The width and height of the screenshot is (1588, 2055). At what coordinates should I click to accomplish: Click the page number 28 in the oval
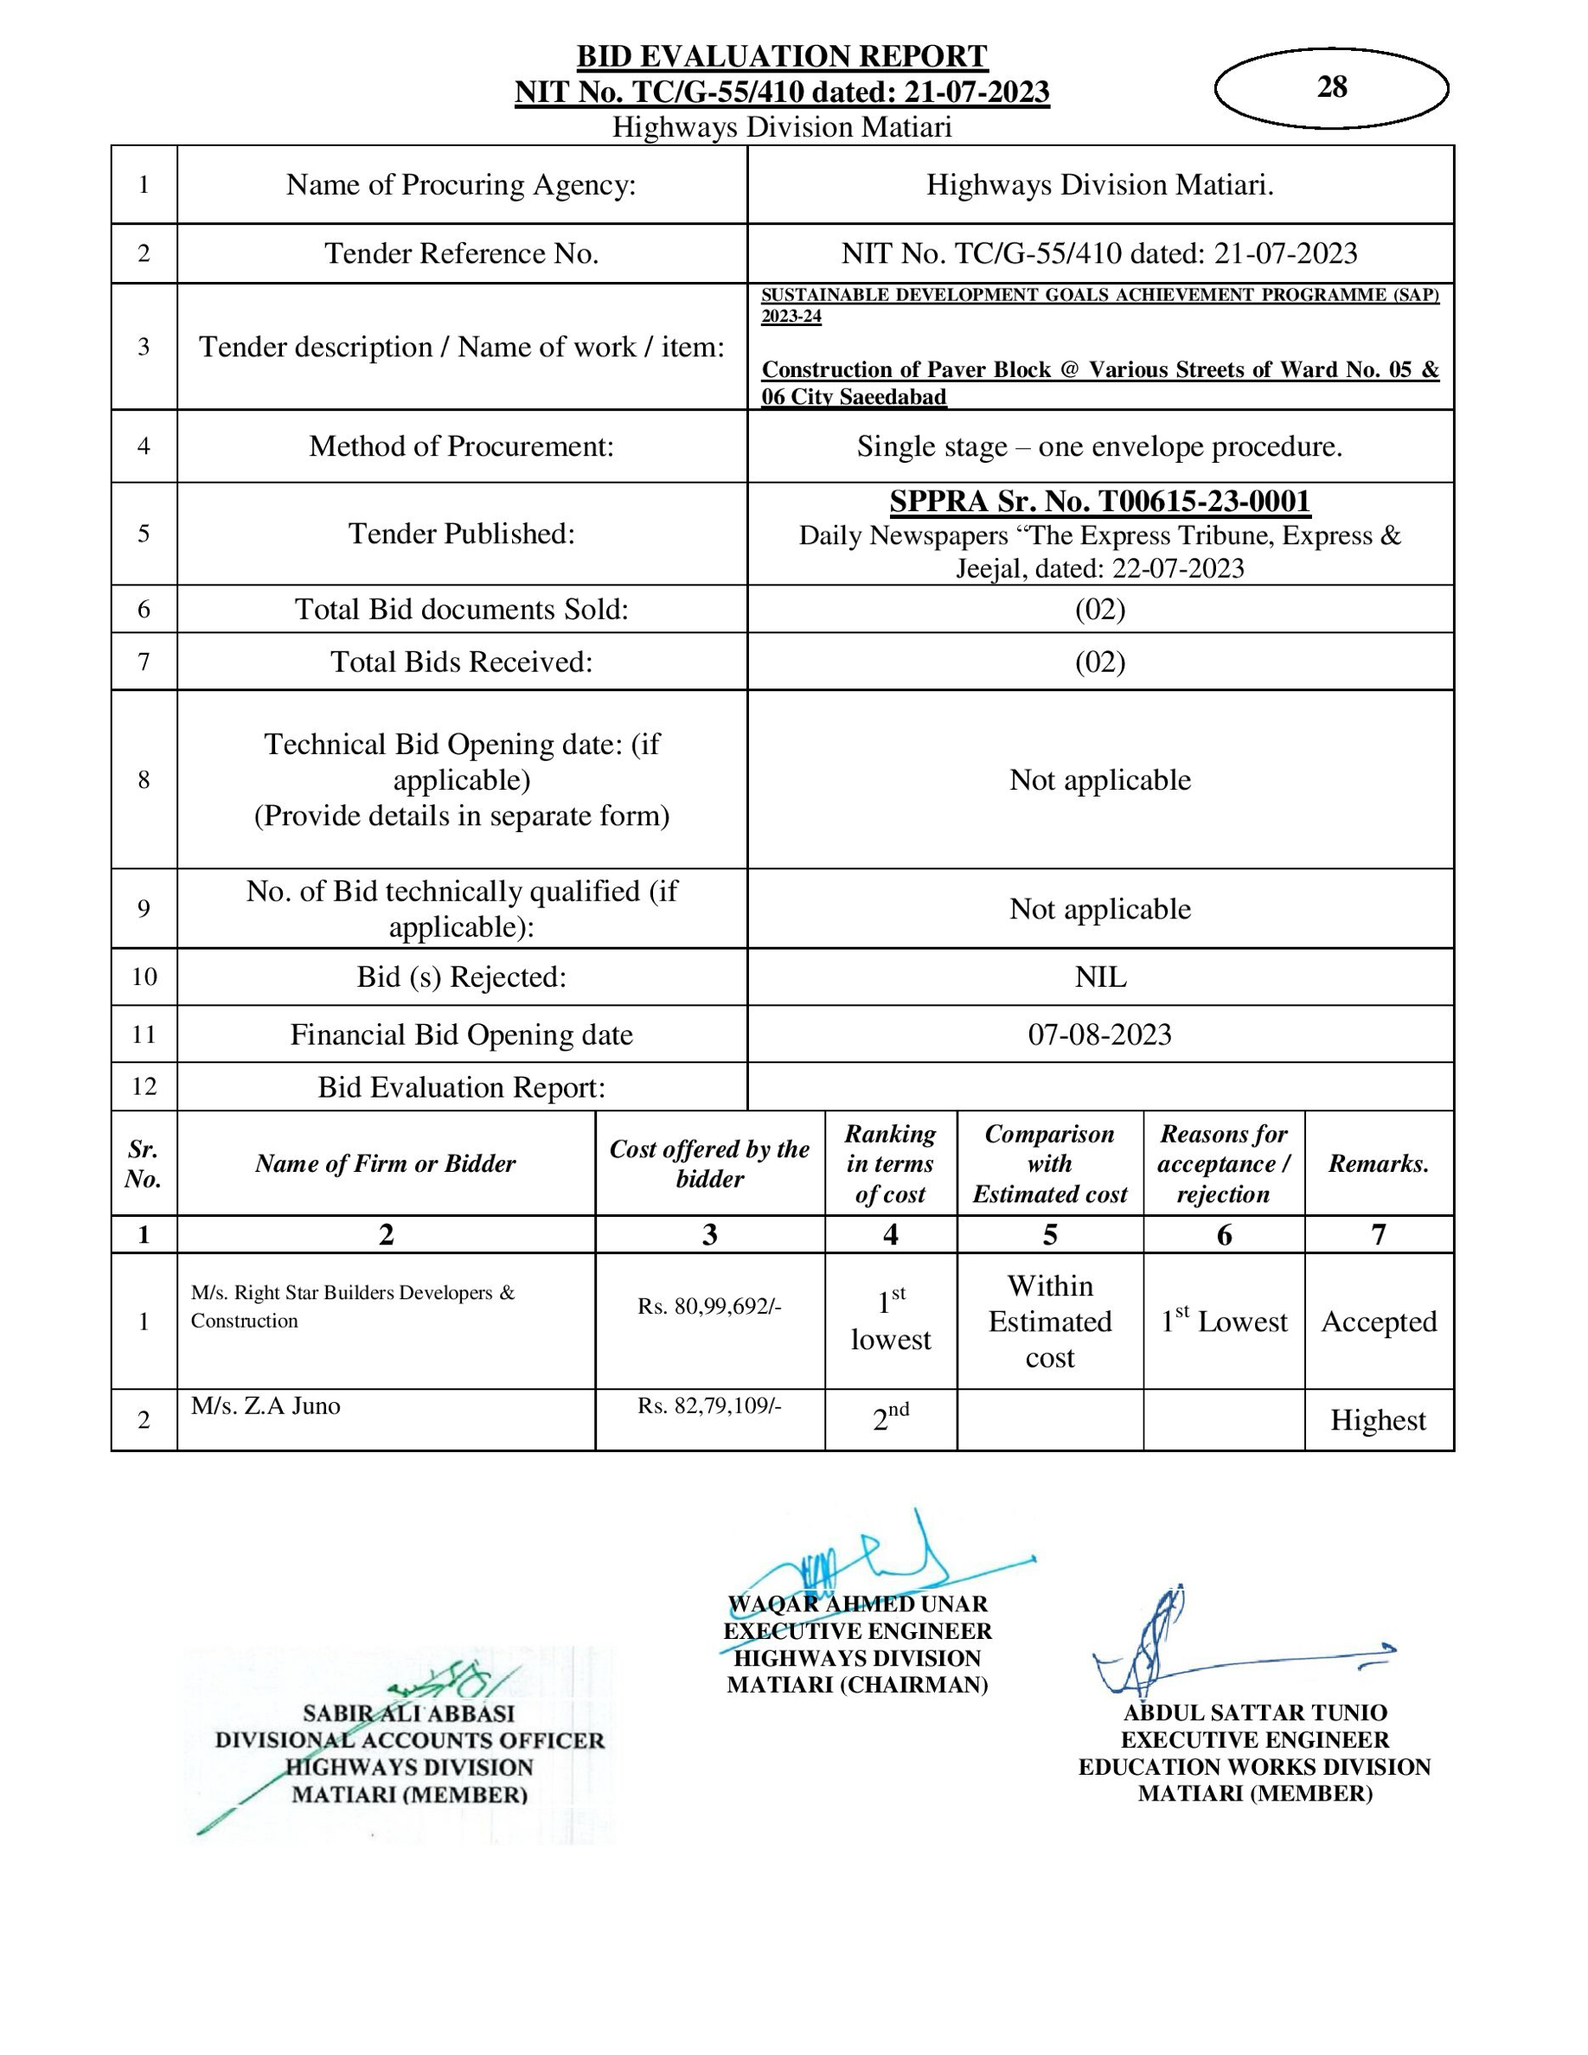(x=1331, y=87)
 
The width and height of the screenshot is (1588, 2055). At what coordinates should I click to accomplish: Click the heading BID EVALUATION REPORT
(x=782, y=56)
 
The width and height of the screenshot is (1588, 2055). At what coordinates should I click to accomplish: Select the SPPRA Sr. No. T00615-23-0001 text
(x=1099, y=502)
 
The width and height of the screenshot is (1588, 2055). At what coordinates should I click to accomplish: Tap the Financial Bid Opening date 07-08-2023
(x=1099, y=1034)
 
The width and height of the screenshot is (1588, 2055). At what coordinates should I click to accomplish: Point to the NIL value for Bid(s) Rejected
(x=1099, y=976)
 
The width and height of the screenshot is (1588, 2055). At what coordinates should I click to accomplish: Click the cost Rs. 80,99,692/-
(x=709, y=1306)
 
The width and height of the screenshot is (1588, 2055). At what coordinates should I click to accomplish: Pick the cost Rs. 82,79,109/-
(x=709, y=1405)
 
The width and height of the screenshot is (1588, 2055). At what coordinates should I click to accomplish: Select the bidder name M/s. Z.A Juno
(x=266, y=1405)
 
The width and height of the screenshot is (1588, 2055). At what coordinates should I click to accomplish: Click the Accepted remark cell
(x=1378, y=1321)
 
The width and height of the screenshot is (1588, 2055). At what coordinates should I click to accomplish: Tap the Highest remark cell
(x=1378, y=1420)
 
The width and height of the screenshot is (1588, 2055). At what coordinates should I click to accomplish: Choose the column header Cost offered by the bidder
(x=709, y=1163)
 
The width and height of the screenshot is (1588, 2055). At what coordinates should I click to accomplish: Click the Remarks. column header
(x=1378, y=1164)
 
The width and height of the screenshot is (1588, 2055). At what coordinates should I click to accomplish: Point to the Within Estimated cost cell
(x=1050, y=1321)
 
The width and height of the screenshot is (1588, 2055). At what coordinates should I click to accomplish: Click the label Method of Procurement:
(x=461, y=446)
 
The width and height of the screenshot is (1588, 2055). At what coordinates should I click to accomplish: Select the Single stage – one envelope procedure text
(x=1099, y=446)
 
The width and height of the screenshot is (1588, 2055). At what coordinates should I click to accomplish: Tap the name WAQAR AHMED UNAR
(x=857, y=1604)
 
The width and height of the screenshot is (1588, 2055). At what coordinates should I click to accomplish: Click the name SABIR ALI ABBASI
(x=409, y=1713)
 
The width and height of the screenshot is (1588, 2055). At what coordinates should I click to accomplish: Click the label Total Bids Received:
(x=461, y=662)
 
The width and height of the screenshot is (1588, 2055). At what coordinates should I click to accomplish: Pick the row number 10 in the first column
(x=144, y=976)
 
